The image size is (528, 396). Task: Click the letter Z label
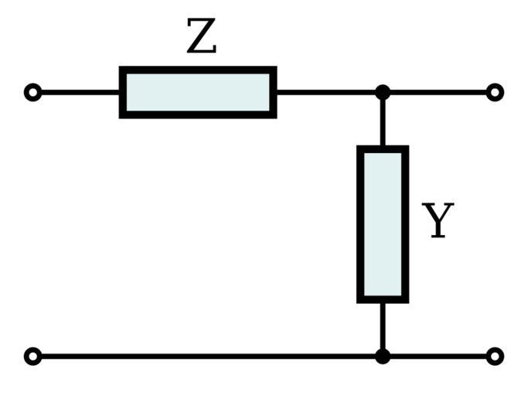201,37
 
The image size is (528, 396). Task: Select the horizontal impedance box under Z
198,92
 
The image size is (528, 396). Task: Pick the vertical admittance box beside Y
383,224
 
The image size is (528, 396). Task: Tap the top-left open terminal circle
32,93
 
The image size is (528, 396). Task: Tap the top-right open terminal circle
495,93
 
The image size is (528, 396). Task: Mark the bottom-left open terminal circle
32,357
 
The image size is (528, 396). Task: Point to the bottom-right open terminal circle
495,357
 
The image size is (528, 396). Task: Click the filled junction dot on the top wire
383,93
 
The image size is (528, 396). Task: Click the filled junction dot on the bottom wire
383,357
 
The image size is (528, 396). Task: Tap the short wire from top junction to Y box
383,120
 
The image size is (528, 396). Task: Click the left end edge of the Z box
122,92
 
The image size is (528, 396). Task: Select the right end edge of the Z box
274,92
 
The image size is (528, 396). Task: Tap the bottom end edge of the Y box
383,299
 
